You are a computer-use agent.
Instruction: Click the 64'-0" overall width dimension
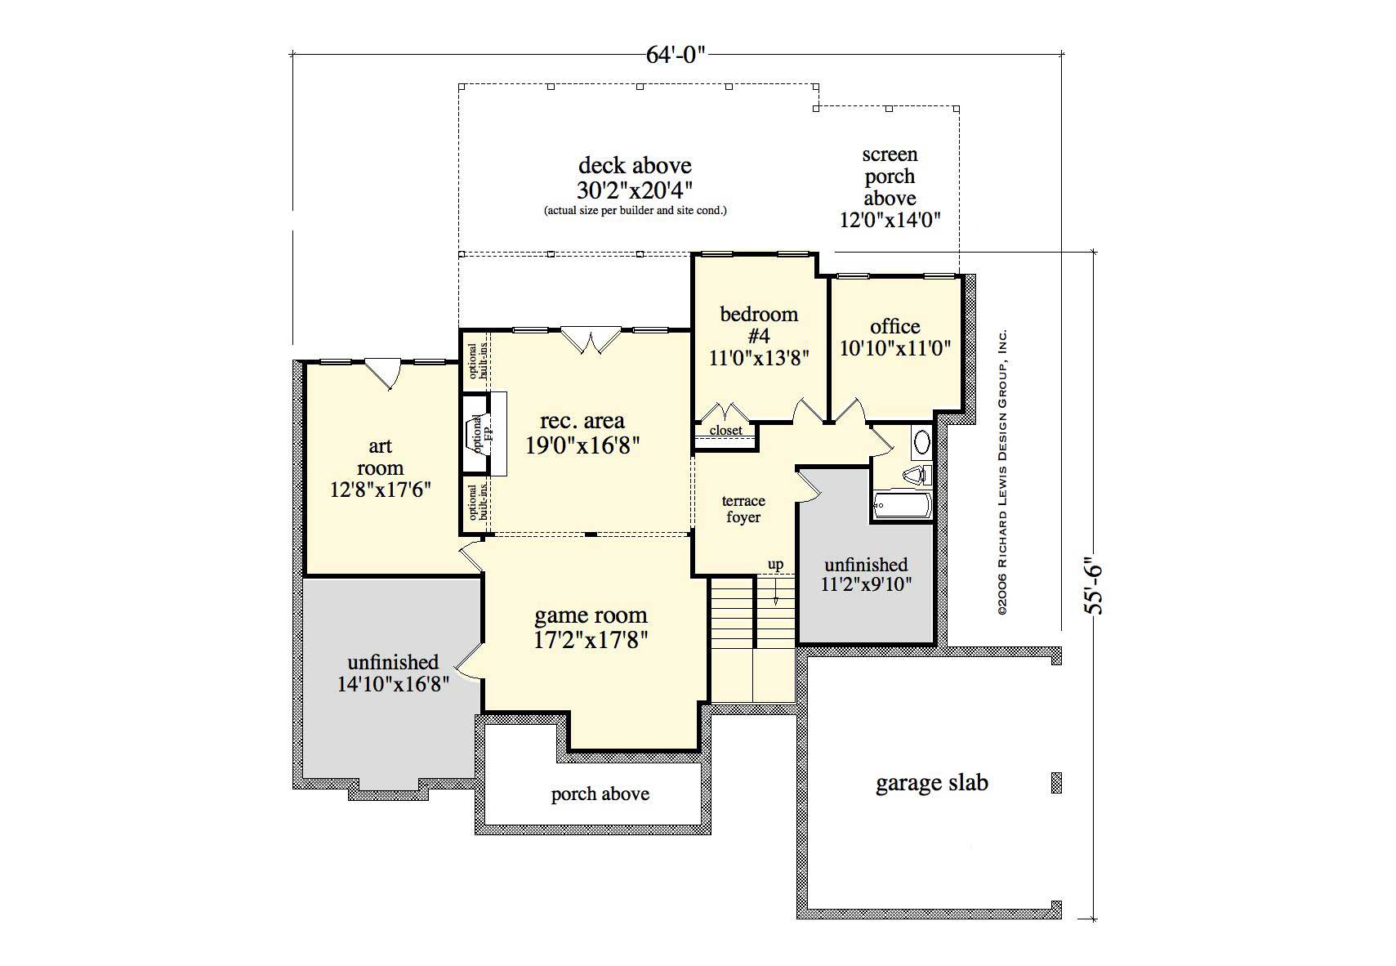click(x=675, y=55)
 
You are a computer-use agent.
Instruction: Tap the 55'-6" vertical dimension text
click(x=1093, y=585)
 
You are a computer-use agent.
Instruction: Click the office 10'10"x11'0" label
click(x=895, y=338)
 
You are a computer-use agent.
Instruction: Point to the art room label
click(x=380, y=468)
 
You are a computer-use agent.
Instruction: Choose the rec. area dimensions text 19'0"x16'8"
click(x=582, y=445)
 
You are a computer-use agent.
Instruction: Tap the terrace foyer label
click(x=743, y=509)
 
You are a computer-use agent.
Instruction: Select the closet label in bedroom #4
click(x=725, y=431)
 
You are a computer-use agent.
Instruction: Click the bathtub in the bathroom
click(x=902, y=505)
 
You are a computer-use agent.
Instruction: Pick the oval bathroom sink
click(x=921, y=442)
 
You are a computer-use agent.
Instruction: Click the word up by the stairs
click(x=775, y=565)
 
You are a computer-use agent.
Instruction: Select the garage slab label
click(x=931, y=783)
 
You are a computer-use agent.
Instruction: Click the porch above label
click(x=600, y=794)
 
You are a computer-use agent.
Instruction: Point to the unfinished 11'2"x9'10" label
click(x=866, y=575)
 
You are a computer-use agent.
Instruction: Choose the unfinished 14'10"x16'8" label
click(x=394, y=673)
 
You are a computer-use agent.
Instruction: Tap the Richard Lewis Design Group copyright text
click(x=1002, y=472)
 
